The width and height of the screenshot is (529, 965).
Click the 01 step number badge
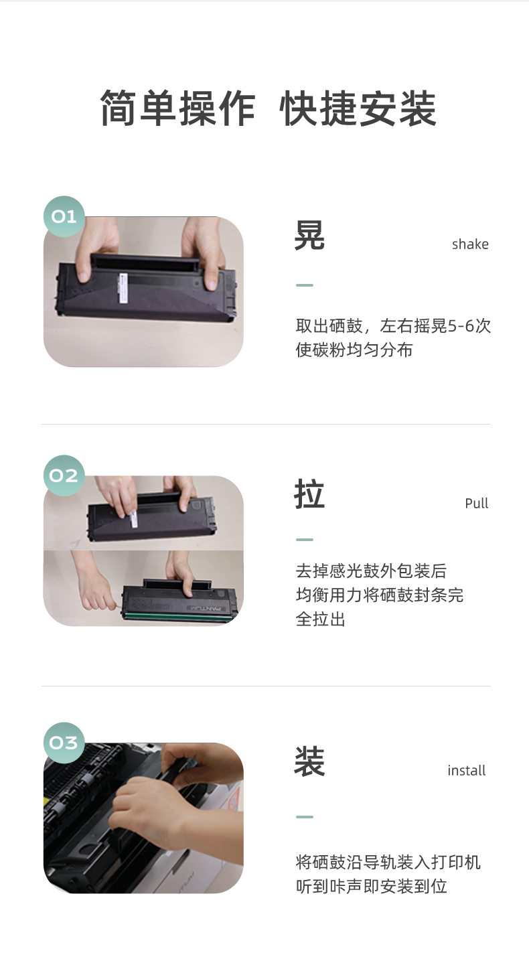tap(64, 216)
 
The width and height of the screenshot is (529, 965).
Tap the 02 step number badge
tap(64, 475)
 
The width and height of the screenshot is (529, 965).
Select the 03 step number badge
tap(64, 743)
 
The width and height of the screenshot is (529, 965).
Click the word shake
tap(470, 244)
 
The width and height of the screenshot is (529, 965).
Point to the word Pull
tap(477, 503)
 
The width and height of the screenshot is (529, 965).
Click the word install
tap(467, 770)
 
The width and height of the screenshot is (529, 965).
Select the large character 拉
tap(309, 494)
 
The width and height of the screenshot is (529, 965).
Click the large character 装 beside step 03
tap(309, 761)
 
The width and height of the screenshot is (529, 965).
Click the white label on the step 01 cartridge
tap(123, 287)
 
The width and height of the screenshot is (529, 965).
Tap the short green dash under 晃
tap(305, 285)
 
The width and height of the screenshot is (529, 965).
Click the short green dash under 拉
tap(305, 539)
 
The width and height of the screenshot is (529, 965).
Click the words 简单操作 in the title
tap(177, 108)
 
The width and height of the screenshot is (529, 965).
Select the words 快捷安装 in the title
tap(358, 108)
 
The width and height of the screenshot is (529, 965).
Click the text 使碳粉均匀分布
tap(354, 350)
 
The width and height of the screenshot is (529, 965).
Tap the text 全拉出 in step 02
tap(321, 619)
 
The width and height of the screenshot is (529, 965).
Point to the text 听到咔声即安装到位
tap(371, 886)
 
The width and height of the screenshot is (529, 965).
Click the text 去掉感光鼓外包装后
tap(371, 571)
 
